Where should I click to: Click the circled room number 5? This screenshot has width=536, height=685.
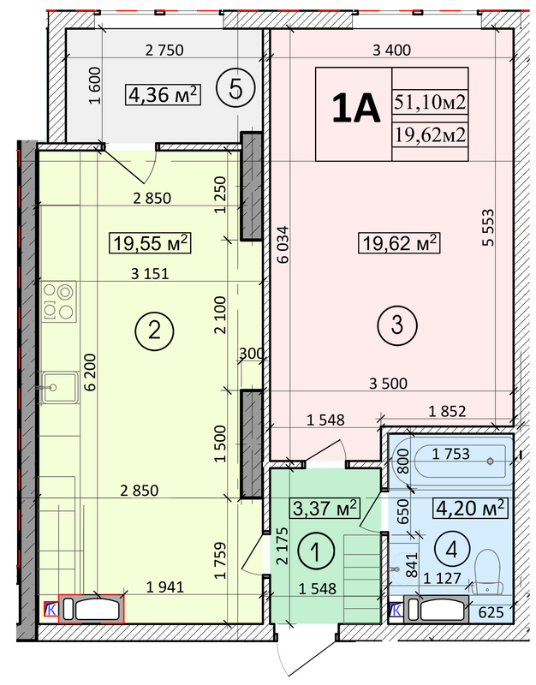[x=235, y=90]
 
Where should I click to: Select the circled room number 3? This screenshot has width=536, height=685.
[x=397, y=325]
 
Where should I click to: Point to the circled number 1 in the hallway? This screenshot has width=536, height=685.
[x=316, y=551]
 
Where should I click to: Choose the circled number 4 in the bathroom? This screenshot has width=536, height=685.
[x=452, y=549]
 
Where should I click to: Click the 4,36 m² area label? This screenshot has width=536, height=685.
[x=164, y=95]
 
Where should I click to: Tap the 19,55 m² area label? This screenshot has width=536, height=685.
[x=150, y=243]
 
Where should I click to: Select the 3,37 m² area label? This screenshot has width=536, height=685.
[x=325, y=508]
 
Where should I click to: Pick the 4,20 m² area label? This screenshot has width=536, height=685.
[x=470, y=508]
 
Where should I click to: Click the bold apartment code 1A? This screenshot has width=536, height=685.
[x=355, y=109]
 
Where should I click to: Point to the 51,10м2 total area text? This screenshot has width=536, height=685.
[x=431, y=102]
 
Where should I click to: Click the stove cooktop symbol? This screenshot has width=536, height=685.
[x=59, y=301]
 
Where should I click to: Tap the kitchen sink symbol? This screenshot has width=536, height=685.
[x=59, y=387]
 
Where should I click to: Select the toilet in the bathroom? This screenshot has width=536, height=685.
[x=488, y=572]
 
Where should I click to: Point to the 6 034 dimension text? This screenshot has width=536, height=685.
[x=283, y=244]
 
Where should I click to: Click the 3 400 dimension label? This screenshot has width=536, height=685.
[x=392, y=51]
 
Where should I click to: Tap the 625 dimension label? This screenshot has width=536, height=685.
[x=491, y=612]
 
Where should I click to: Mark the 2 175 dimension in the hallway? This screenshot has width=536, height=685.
[x=283, y=546]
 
